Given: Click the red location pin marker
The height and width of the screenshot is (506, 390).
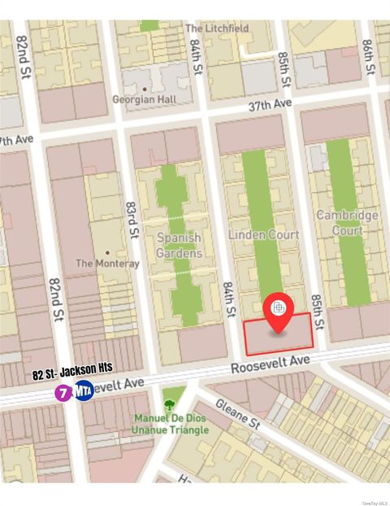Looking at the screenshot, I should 278,312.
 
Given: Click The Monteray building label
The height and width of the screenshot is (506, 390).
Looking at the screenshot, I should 107,264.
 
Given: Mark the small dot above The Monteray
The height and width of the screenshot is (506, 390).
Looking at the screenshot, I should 106,252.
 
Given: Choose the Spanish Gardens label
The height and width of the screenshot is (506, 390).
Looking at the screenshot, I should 179,246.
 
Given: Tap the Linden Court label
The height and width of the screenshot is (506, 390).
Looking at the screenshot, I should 263,234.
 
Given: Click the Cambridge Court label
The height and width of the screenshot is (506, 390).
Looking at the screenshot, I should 347,223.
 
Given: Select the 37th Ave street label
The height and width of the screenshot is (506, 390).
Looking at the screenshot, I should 270,106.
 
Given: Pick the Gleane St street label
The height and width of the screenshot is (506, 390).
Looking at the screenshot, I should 237,413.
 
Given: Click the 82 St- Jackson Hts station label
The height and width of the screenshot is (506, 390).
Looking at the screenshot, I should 73,374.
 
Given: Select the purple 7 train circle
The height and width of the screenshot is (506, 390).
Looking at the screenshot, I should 63,392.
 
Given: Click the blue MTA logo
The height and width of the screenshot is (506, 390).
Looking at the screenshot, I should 84,391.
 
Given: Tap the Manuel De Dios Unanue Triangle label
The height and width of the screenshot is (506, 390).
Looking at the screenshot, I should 171,425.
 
